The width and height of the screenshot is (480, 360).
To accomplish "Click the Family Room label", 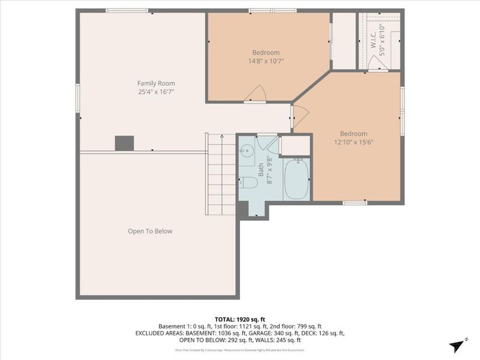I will coord(156,83).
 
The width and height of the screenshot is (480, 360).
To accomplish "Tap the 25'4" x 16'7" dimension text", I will coord(156,92).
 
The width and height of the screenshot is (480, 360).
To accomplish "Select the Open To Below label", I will coord(150,231).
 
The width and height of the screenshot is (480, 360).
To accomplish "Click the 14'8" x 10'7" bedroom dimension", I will coord(266,61).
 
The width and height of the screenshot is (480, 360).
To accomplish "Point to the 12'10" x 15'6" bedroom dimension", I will coord(353,142).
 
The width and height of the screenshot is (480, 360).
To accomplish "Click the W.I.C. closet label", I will coord(373,40).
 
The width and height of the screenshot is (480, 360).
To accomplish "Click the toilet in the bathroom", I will coord(247,182).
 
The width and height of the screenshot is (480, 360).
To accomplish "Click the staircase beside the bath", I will coord(221,175).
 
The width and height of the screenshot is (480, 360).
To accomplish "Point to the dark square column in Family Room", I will coord(124,143).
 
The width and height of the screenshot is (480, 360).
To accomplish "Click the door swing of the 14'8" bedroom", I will coord(257,94).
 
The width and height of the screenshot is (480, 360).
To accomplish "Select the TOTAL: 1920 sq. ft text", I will coord(240,319).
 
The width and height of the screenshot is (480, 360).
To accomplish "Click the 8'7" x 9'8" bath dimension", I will coord(269,170).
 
